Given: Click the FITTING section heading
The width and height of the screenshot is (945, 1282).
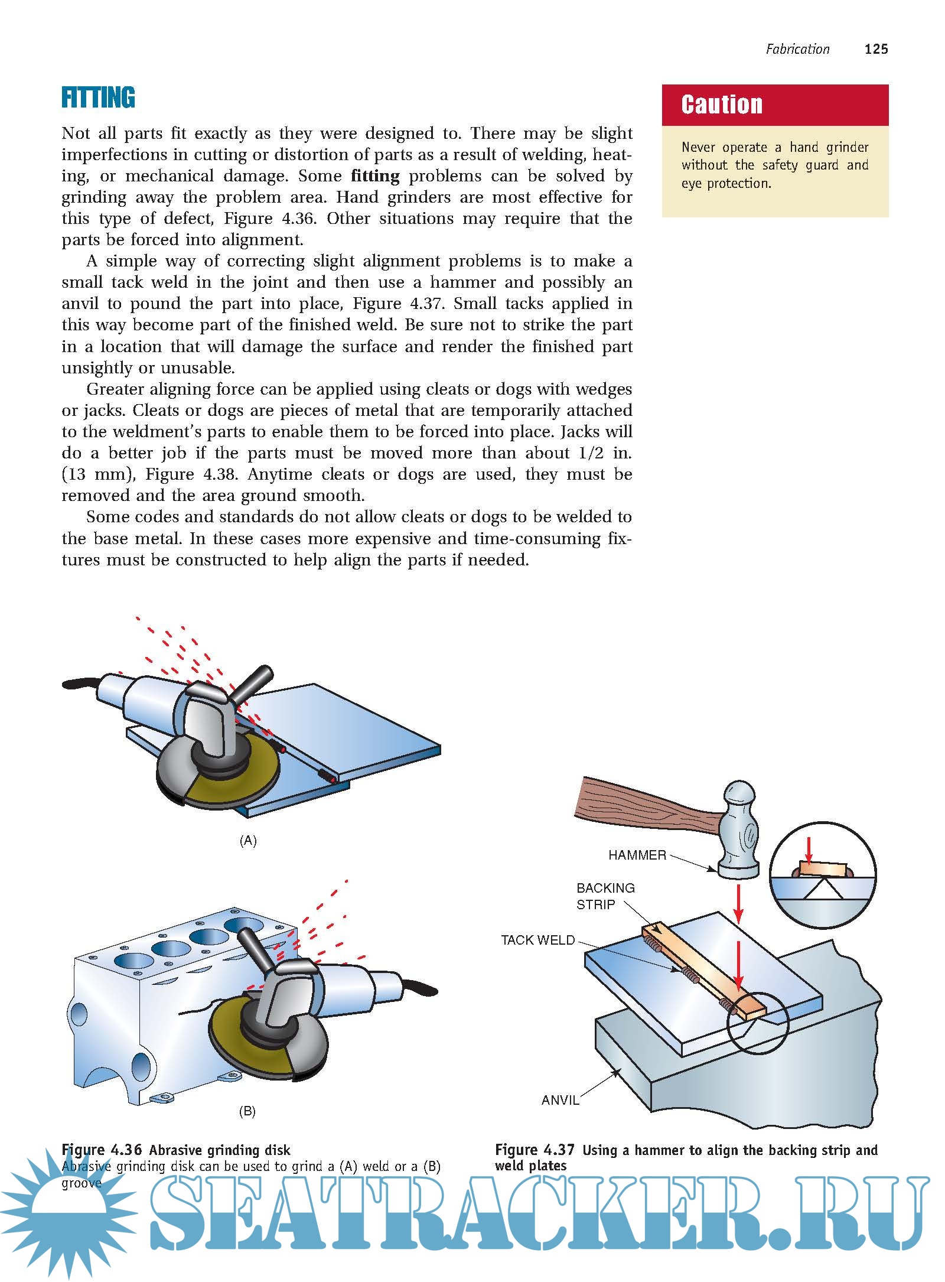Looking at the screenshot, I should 98,98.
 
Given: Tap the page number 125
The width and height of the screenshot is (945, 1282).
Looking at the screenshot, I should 876,49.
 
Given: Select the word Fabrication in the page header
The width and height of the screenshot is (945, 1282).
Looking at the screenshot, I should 797,49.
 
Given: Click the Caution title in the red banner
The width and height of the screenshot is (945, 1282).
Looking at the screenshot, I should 722,105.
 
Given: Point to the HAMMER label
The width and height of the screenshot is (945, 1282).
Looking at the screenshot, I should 637,855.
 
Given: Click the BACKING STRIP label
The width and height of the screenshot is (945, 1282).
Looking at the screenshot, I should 605,896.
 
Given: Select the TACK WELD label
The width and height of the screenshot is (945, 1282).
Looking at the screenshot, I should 537,940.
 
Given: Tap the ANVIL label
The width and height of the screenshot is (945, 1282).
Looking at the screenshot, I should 560,1099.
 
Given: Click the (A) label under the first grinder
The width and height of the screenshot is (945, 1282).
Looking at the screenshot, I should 248,840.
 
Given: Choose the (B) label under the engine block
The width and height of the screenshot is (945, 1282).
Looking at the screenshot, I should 247,1111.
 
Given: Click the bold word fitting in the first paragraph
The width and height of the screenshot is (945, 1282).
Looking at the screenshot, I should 375,176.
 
